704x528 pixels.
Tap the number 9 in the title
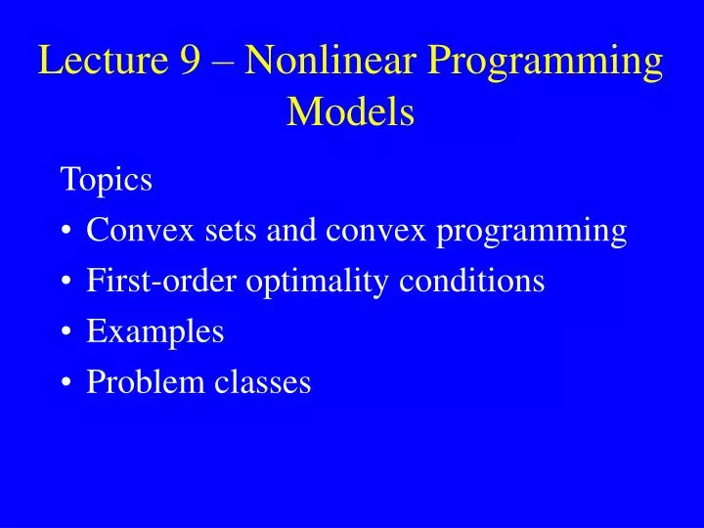pos(192,62)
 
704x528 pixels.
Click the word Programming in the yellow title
pos(544,64)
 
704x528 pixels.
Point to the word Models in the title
pos(351,112)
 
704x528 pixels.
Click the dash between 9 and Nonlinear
pos(224,65)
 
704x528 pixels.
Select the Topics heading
pos(106,181)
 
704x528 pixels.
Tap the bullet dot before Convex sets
pos(66,233)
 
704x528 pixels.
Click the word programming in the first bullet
pos(531,233)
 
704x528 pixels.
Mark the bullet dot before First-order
pos(66,284)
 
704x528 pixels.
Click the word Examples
pos(155,333)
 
